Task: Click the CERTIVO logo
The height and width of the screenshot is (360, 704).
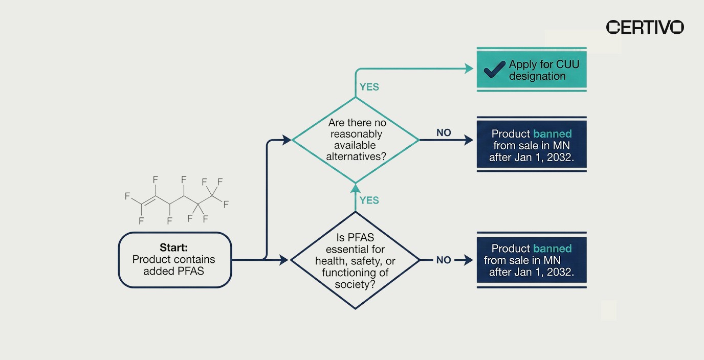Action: coord(645,27)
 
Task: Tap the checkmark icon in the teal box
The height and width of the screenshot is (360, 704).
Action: coord(494,70)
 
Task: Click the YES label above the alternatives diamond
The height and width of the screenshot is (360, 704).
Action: coord(369,87)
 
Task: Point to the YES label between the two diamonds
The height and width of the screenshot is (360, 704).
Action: coord(369,200)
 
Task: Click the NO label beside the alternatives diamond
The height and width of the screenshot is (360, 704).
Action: coord(444,133)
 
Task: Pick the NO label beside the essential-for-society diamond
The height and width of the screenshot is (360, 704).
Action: coord(444,260)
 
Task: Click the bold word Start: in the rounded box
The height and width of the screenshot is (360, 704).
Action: coord(174,247)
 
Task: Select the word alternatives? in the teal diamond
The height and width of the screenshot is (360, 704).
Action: coord(356,157)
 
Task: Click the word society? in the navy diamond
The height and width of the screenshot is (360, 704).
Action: coord(355,284)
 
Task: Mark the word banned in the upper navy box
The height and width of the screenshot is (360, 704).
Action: coord(552,134)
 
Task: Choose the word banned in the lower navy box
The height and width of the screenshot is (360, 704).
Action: coord(552,249)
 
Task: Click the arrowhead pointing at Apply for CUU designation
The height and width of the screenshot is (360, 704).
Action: coord(469,69)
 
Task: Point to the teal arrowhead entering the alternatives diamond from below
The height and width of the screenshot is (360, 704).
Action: coord(356,188)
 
